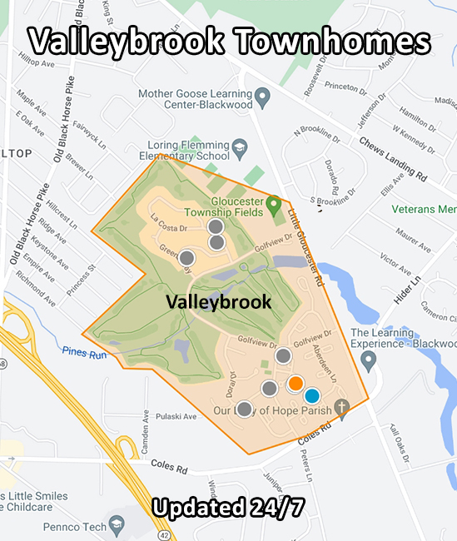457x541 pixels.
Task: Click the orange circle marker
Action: (296, 384)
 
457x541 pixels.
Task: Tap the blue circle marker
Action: (312, 396)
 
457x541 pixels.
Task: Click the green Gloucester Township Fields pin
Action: (273, 203)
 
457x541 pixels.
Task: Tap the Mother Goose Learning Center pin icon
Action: (261, 100)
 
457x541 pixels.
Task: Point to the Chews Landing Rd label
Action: (393, 159)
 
